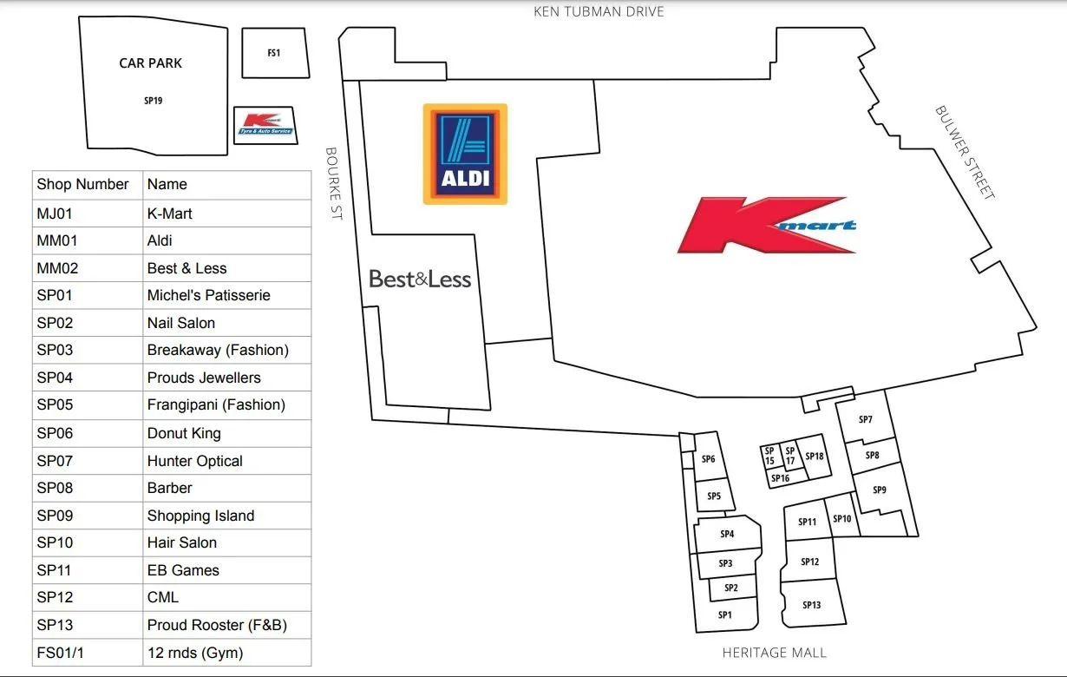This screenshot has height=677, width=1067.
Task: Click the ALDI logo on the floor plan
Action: pos(464,154)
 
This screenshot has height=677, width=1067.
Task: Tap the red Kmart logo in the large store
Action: pos(767,225)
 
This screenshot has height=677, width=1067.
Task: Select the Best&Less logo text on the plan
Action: pos(420,279)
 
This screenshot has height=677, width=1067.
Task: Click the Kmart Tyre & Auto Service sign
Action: pos(265,125)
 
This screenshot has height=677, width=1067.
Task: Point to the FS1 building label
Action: pos(274,53)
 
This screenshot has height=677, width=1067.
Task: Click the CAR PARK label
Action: pos(151,63)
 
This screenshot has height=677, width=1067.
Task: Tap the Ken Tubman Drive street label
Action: pos(599,12)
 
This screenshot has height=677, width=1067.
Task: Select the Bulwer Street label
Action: pos(964,153)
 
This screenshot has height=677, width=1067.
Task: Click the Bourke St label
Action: pos(334,182)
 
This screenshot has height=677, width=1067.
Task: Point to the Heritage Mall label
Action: pos(775,653)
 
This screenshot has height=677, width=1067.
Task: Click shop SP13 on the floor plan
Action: pos(811,605)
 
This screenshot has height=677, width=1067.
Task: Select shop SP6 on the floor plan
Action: pos(708,459)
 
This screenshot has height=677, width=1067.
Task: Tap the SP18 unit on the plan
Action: pos(814,457)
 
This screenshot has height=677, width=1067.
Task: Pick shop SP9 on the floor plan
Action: pos(880,490)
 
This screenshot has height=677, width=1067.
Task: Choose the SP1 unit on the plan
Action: pos(725,615)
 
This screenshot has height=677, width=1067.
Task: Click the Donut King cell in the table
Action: pos(184,433)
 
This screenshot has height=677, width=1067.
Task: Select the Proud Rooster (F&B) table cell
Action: pos(217,625)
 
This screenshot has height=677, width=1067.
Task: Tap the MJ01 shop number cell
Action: pos(55,214)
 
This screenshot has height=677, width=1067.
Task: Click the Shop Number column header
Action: pos(82,184)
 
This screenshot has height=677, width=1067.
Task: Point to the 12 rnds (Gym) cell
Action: pos(195,653)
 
